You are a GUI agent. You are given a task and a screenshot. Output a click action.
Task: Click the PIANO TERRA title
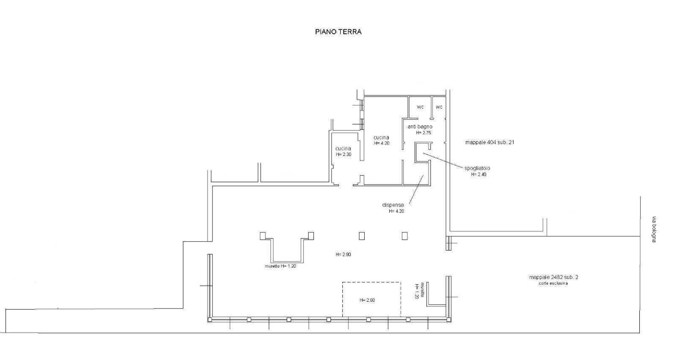[338, 32]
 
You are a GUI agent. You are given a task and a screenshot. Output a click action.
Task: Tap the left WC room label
[420, 107]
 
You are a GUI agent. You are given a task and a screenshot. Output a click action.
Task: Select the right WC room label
[439, 107]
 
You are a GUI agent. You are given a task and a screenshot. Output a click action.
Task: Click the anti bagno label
[420, 127]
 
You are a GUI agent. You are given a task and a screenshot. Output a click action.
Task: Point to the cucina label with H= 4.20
[381, 137]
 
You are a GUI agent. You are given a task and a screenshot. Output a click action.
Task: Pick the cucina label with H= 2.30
[343, 149]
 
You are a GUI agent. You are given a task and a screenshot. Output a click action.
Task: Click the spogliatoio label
[477, 168]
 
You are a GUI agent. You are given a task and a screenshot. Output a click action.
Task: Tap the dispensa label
[393, 205]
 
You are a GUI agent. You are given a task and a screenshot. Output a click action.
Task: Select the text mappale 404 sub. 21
[490, 142]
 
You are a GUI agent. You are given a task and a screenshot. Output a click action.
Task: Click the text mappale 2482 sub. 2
[554, 277]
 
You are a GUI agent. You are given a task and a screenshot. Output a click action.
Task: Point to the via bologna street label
[654, 229]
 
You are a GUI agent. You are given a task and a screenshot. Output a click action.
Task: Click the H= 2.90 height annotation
[343, 254]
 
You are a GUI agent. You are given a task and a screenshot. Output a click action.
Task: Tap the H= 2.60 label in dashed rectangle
[367, 300]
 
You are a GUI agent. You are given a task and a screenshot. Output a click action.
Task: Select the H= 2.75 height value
[424, 133]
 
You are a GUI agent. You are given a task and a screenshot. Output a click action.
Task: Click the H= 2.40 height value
[479, 175]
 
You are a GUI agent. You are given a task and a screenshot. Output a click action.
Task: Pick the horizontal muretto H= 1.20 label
[281, 266]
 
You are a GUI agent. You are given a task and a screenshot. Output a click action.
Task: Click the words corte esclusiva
[553, 283]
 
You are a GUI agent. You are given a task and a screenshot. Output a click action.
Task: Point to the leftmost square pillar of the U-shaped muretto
[263, 236]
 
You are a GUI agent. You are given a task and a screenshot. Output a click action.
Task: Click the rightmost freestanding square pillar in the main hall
[405, 236]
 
